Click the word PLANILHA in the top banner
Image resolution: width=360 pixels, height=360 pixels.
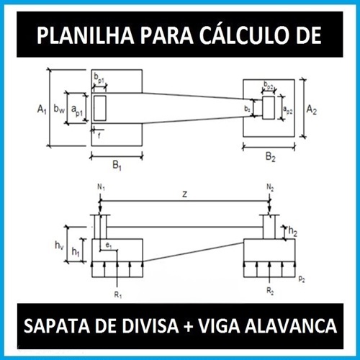(85, 35)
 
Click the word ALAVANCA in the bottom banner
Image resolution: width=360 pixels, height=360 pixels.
(291, 326)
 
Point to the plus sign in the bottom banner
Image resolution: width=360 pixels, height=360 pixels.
(189, 326)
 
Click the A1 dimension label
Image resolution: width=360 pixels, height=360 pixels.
(42, 109)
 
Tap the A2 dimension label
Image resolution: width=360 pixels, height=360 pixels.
(312, 109)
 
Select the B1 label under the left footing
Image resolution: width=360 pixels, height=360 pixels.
(117, 166)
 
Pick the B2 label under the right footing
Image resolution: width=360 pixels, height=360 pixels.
(271, 157)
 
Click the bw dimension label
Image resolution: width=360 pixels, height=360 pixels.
(59, 109)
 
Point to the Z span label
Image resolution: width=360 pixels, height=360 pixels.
(184, 194)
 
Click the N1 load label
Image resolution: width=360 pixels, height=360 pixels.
(101, 187)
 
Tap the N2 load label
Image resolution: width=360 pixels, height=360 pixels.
(270, 187)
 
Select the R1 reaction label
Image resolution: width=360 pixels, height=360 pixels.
(118, 295)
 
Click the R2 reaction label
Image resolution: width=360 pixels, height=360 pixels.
(270, 291)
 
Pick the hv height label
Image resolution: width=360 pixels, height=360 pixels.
(59, 246)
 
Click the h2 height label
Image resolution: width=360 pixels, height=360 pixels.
(293, 231)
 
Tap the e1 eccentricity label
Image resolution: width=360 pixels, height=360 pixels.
(109, 246)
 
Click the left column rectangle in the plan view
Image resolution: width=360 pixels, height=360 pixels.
(100, 108)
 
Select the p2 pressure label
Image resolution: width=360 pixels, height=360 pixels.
(302, 279)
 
